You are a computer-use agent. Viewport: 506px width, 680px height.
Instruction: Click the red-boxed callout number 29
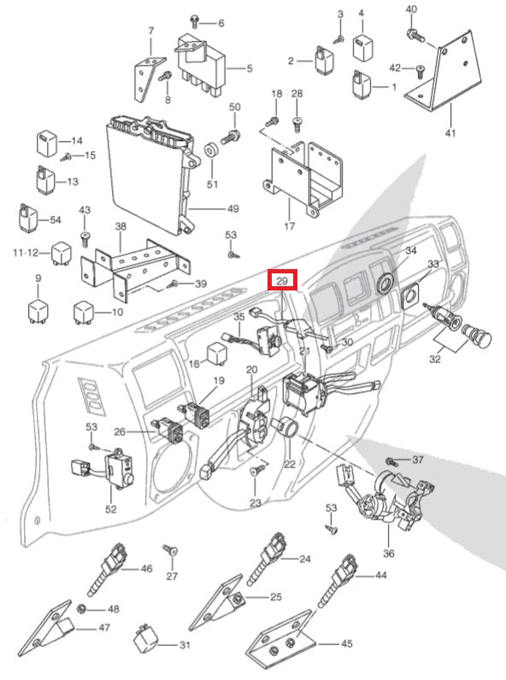tap(282, 280)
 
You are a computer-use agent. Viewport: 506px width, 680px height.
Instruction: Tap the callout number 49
tap(233, 208)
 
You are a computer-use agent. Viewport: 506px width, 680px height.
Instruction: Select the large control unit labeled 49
tap(153, 173)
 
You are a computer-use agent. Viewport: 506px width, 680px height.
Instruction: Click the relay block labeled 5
tap(201, 64)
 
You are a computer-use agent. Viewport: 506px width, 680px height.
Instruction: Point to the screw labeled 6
tap(195, 21)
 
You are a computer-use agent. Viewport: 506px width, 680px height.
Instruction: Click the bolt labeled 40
tap(415, 35)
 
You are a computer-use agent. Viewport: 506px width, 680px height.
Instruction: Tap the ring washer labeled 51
tap(212, 150)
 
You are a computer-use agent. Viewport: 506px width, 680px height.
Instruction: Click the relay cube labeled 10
tap(84, 311)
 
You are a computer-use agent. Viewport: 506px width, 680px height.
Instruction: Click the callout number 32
tap(434, 360)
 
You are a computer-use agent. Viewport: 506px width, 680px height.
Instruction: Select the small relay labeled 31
tap(144, 637)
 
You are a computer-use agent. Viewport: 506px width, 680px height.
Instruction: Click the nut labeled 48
tap(81, 609)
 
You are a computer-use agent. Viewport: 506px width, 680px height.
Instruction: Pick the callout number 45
tap(346, 643)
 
